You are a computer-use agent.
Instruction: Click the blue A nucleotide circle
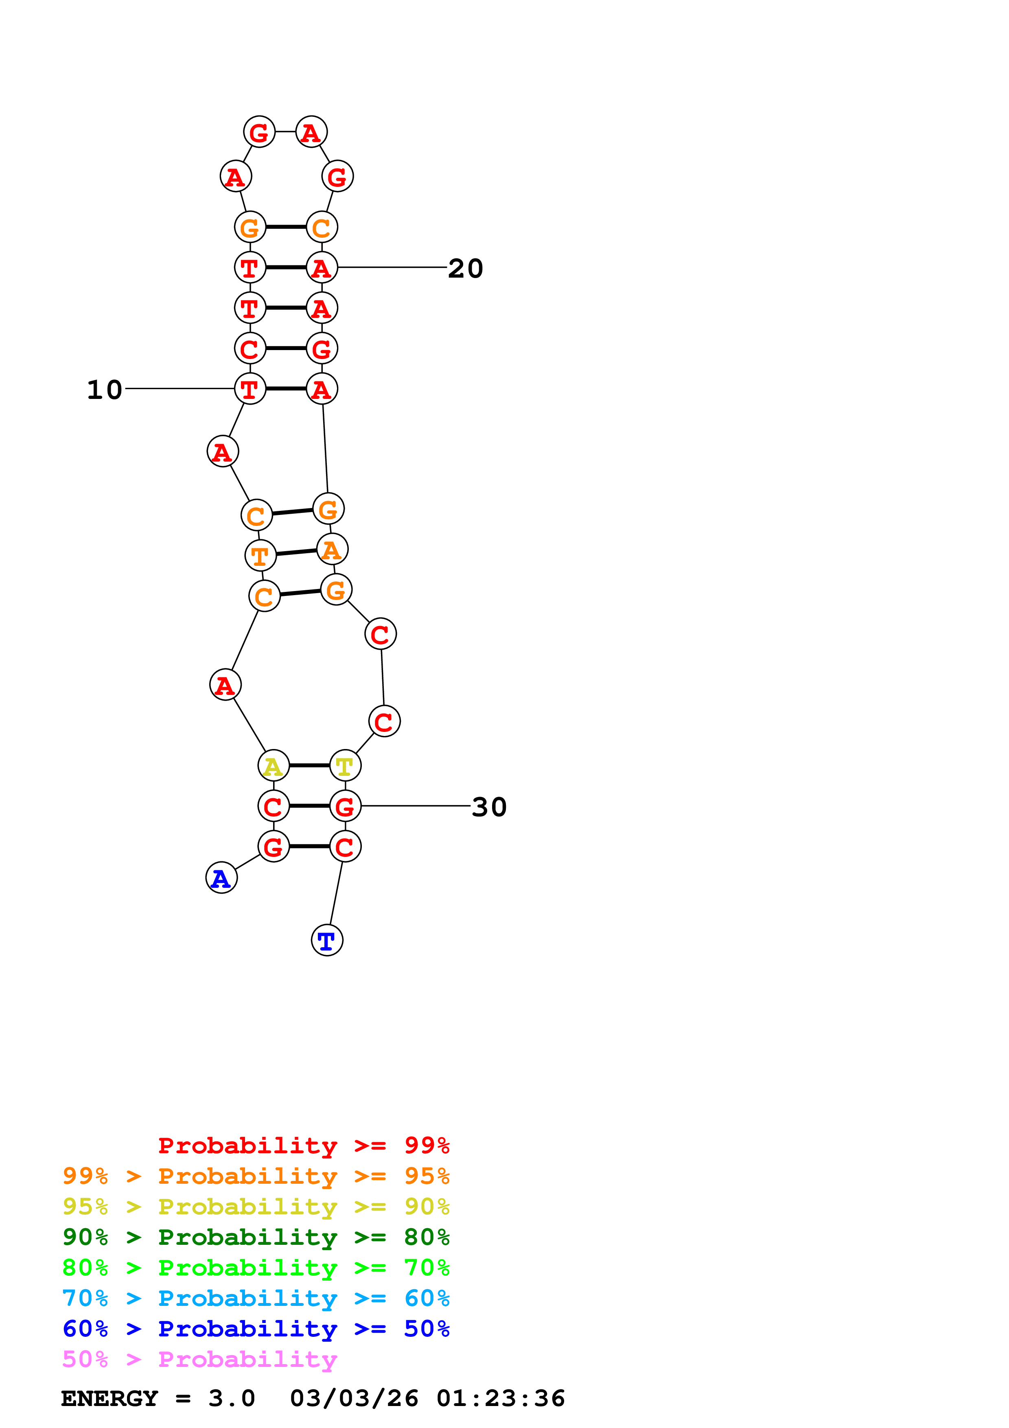click(x=221, y=878)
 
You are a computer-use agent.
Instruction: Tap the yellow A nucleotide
click(x=274, y=766)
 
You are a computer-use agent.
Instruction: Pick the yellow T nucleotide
click(x=345, y=766)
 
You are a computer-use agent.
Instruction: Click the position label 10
click(x=105, y=390)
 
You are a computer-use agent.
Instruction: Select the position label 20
click(x=465, y=269)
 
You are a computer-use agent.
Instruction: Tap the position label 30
click(x=489, y=807)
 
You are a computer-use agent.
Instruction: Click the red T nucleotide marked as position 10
click(x=250, y=389)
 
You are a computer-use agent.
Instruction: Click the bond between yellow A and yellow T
click(x=309, y=766)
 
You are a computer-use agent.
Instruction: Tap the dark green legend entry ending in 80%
click(x=256, y=1237)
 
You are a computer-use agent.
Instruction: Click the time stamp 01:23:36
click(x=501, y=1399)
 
